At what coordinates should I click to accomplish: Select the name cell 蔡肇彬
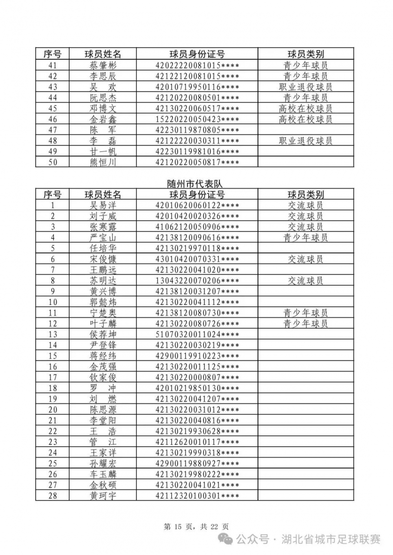(103, 65)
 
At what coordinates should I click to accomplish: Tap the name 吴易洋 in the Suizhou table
(103, 205)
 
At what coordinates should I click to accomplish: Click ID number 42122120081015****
(197, 76)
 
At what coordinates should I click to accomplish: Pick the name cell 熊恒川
(103, 162)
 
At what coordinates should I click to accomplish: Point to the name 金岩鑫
(103, 119)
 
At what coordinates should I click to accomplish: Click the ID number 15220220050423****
(197, 119)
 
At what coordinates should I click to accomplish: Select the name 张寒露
(103, 227)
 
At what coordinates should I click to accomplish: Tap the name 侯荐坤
(103, 335)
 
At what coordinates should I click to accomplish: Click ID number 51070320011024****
(197, 335)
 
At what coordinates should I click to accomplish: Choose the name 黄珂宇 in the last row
(103, 496)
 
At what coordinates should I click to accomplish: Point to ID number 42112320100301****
(197, 496)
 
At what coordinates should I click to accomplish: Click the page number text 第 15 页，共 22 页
(196, 527)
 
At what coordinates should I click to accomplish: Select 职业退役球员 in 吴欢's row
(305, 87)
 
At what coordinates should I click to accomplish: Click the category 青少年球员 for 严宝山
(305, 237)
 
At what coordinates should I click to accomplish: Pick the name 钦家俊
(103, 377)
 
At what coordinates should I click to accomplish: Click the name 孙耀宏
(103, 463)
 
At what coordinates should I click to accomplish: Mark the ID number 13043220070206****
(197, 281)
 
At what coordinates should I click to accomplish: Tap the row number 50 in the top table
(52, 162)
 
